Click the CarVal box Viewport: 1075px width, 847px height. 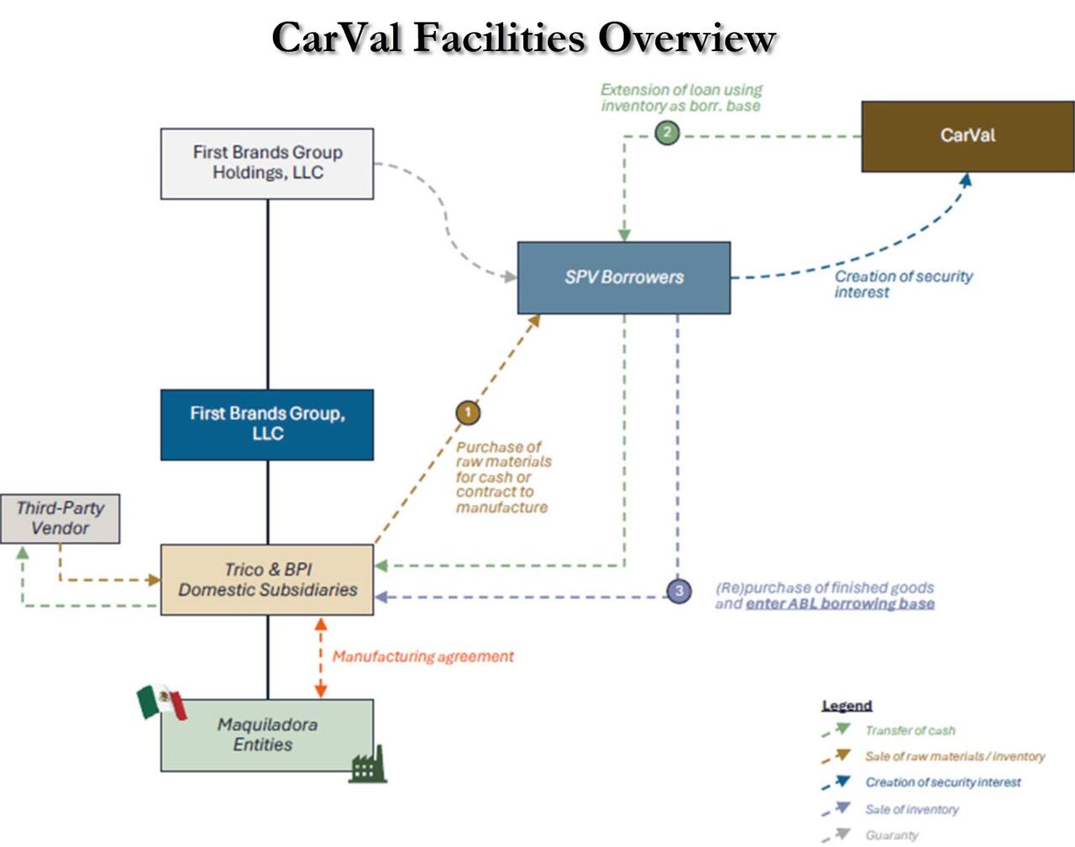coord(967,136)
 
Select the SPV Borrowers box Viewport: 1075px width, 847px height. coord(623,277)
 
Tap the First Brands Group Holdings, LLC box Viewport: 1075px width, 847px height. coord(267,163)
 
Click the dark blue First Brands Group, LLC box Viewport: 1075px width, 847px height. coord(267,424)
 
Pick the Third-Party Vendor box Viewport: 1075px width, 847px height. coord(60,518)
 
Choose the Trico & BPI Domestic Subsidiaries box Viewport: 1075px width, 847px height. coord(267,580)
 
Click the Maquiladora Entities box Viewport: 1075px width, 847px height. coord(267,735)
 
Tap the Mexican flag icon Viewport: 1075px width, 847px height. coord(162,702)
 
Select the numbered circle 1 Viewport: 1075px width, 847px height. coord(468,413)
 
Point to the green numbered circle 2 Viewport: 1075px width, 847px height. coord(667,133)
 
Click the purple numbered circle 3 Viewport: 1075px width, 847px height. coord(679,592)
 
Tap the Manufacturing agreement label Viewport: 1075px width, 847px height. coord(422,656)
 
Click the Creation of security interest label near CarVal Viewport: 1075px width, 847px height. coord(903,284)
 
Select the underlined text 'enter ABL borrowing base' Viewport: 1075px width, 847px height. coord(840,603)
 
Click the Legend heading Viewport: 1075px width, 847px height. coord(847,706)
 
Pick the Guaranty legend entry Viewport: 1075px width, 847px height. coord(891,835)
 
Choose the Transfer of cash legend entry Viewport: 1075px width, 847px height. coord(910,731)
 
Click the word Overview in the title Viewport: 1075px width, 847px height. coord(686,38)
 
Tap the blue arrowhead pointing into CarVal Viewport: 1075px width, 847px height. coord(966,180)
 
